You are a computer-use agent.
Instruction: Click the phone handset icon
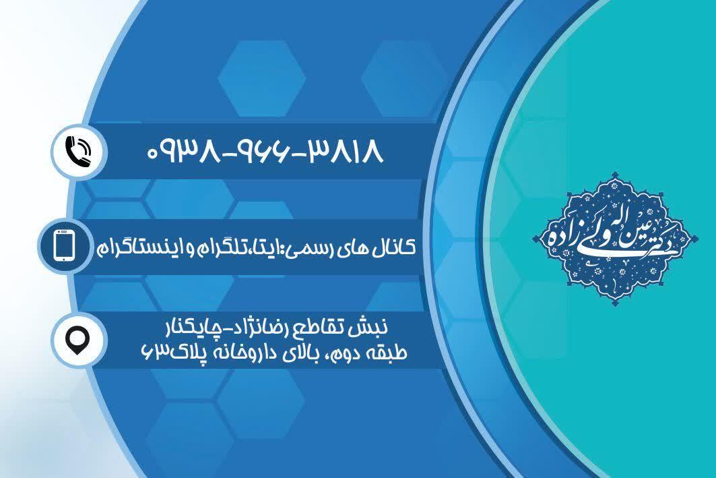(x=78, y=152)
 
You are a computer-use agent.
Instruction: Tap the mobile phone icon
(x=63, y=246)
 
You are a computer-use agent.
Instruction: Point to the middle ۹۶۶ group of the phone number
(x=263, y=152)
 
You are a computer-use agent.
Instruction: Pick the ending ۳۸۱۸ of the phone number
(x=345, y=152)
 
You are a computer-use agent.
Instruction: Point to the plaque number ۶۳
(x=152, y=353)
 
